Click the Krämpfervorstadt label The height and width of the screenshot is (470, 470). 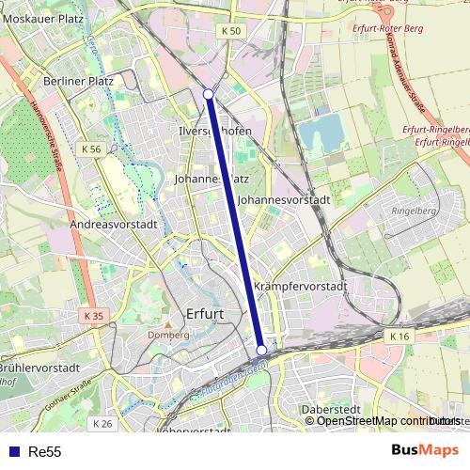click(301, 287)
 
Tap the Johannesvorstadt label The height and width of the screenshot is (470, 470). click(284, 200)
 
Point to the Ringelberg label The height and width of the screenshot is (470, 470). click(415, 211)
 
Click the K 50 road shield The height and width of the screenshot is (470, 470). click(232, 31)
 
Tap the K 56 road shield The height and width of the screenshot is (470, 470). click(91, 149)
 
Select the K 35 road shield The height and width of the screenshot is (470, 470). click(91, 316)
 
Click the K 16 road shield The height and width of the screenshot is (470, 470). click(399, 336)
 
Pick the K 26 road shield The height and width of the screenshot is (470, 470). click(103, 424)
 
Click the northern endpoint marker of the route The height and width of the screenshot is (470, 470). click(209, 94)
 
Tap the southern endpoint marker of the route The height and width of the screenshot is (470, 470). click(261, 350)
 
